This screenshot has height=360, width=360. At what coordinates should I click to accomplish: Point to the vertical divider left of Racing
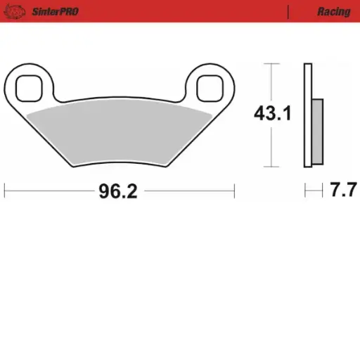click(289, 12)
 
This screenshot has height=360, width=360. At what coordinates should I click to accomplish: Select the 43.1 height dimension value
click(273, 114)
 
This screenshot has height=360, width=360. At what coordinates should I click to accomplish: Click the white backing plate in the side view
click(307, 116)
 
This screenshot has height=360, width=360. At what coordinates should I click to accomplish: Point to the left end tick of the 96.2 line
click(5, 191)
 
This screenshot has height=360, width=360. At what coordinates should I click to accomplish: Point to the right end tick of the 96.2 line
click(234, 191)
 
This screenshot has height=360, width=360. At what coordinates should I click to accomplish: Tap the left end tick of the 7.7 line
click(304, 191)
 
